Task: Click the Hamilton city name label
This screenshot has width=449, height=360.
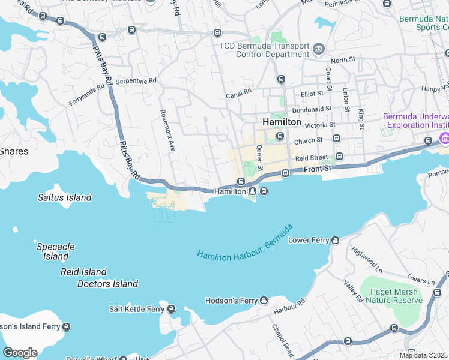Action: pyautogui.click(x=282, y=122)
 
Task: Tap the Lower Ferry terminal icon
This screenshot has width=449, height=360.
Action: pyautogui.click(x=336, y=241)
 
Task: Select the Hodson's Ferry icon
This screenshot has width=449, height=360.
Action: pyautogui.click(x=264, y=301)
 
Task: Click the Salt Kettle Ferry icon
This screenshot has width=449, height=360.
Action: pyautogui.click(x=172, y=309)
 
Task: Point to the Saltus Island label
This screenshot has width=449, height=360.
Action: pyautogui.click(x=64, y=197)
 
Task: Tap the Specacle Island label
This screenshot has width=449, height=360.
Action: pyautogui.click(x=55, y=251)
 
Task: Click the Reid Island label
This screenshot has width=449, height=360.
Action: pyautogui.click(x=83, y=272)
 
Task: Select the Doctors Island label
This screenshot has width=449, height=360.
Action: pyautogui.click(x=107, y=284)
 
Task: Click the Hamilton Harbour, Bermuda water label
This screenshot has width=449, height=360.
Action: pyautogui.click(x=244, y=242)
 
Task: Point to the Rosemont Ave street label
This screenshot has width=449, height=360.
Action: pyautogui.click(x=167, y=130)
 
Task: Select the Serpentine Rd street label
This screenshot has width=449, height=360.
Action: pyautogui.click(x=136, y=80)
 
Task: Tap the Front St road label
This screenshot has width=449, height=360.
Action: pyautogui.click(x=317, y=169)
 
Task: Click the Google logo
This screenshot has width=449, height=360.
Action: pyautogui.click(x=20, y=353)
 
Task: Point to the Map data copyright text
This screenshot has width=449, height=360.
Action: pyautogui.click(x=424, y=355)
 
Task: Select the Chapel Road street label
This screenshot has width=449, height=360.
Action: pyautogui.click(x=283, y=340)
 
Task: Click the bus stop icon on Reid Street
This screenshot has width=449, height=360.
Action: pyautogui.click(x=339, y=157)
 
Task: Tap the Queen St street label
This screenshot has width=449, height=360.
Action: pyautogui.click(x=260, y=158)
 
